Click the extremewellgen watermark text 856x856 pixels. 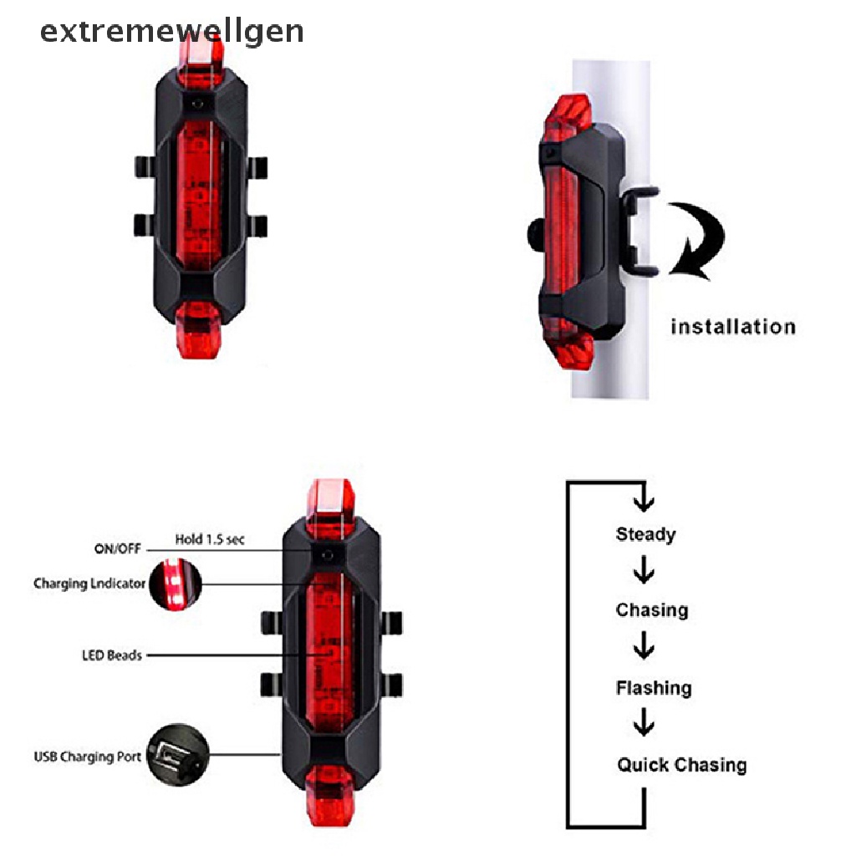tap(171, 32)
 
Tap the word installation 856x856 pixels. tap(732, 326)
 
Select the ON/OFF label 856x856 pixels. tap(117, 549)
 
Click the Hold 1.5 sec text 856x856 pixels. tap(209, 540)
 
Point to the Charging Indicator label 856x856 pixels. tap(89, 583)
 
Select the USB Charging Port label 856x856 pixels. tap(85, 757)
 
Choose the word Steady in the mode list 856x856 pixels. tap(645, 534)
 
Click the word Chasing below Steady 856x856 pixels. tap(652, 610)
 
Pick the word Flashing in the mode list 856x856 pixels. tap(654, 688)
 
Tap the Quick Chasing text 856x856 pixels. tap(682, 765)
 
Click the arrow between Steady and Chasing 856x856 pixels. tap(644, 573)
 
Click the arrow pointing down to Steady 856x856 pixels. tap(643, 500)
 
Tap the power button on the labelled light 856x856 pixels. tap(329, 555)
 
